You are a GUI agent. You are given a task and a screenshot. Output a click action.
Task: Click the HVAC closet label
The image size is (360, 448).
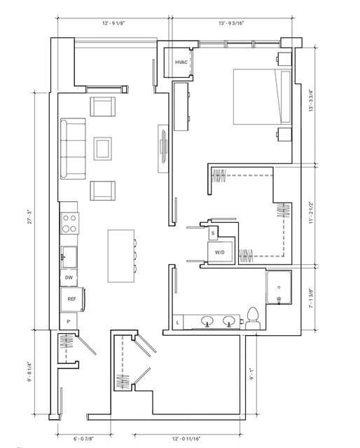tap(181, 62)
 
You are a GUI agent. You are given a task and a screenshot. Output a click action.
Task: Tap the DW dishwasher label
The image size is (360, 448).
tap(69, 278)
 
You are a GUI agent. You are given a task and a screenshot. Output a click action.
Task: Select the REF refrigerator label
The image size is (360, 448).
tap(71, 299)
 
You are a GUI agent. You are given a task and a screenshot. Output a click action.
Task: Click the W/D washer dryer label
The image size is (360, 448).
tap(219, 252)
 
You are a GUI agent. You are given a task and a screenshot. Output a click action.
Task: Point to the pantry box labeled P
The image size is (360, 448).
tap(69, 321)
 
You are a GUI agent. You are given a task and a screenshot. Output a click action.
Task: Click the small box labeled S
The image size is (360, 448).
tap(213, 233)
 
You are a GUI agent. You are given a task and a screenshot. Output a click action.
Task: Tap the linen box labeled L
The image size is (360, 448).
tap(178, 323)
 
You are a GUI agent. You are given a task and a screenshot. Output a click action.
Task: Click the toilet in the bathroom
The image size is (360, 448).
tap(253, 318)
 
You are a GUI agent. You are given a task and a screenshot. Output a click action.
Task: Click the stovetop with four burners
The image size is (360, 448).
tap(69, 224)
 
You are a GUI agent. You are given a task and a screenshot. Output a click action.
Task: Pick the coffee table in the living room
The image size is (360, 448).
tap(103, 149)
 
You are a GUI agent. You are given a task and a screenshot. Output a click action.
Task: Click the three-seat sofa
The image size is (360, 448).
tap(73, 149)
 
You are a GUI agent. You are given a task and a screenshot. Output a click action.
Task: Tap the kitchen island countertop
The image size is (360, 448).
tap(121, 256)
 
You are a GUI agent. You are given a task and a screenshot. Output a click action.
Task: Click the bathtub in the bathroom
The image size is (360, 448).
tap(279, 287)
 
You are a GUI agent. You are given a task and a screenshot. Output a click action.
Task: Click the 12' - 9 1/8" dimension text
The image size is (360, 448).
tap(113, 23)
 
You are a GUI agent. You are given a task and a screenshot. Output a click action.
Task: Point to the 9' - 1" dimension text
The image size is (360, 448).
tap(252, 374)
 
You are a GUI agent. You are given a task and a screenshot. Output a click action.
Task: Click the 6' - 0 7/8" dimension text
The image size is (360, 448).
tap(83, 438)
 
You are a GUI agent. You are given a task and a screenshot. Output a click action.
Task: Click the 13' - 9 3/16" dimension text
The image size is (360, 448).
tap(231, 23)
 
